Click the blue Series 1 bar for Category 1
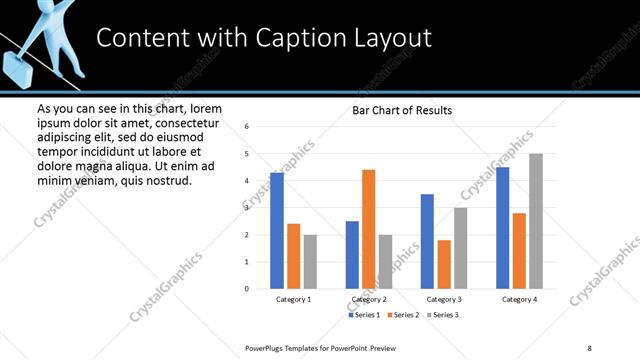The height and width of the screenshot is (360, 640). [x=277, y=231]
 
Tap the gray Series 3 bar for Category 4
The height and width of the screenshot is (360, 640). [x=536, y=221]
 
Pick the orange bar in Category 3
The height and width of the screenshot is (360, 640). [x=444, y=264]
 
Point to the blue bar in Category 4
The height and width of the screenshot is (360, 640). [x=502, y=228]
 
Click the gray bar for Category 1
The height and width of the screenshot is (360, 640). [x=310, y=262]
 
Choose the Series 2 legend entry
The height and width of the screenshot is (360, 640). [x=402, y=315]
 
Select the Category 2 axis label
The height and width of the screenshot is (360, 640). [x=368, y=299]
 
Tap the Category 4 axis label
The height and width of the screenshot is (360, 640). [x=519, y=299]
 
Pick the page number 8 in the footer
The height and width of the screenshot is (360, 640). [x=589, y=347]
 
